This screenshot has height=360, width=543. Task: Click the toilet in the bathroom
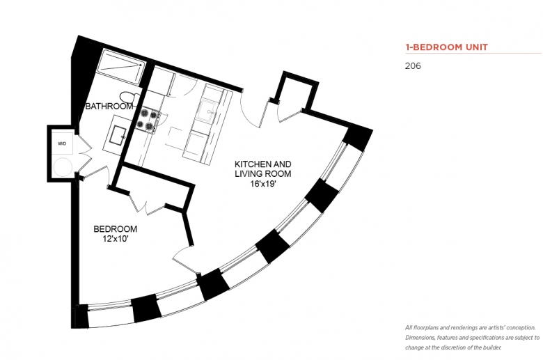click(x=129, y=97)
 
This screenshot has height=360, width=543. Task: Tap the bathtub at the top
click(x=120, y=66)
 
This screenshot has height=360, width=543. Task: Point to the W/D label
click(x=62, y=143)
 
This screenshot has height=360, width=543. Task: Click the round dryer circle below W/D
click(x=63, y=166)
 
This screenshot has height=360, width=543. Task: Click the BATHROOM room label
click(x=109, y=106)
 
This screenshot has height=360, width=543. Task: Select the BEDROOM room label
click(x=116, y=229)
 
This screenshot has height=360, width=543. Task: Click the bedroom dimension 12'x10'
click(x=116, y=239)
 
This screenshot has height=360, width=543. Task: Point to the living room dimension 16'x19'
click(x=263, y=183)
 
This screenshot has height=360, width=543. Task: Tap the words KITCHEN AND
click(x=263, y=164)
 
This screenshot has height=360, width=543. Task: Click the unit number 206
click(x=413, y=66)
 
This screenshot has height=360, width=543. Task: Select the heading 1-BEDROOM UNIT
click(x=447, y=47)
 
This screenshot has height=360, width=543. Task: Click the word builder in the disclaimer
click(x=492, y=347)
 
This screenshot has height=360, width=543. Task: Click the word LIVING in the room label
click(x=247, y=173)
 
